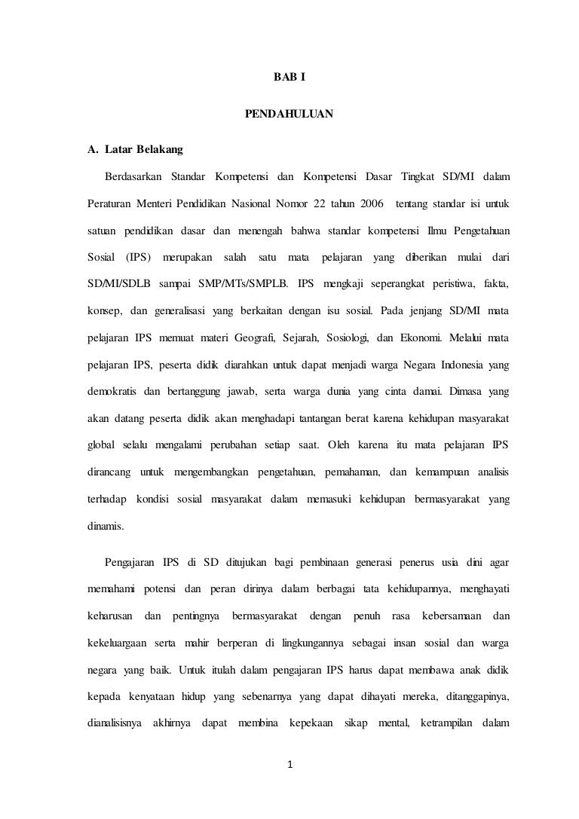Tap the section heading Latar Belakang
(139, 150)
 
